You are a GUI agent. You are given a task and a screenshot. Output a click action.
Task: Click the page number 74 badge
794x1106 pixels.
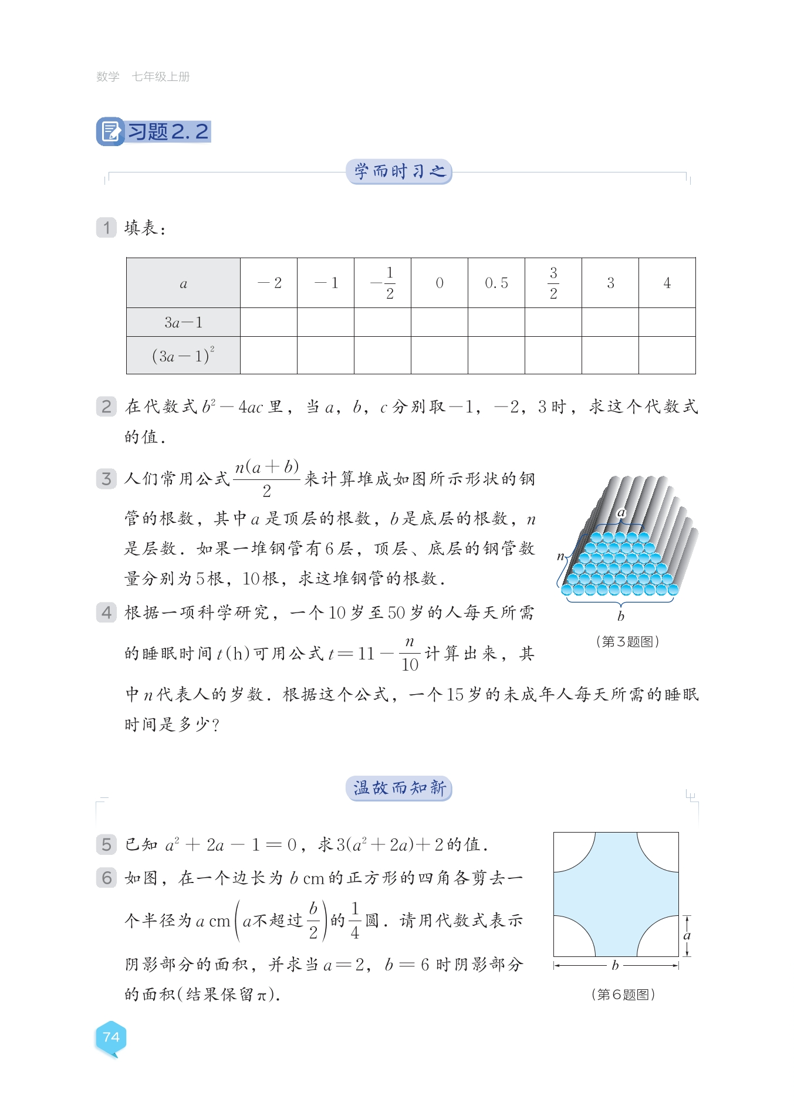(111, 1037)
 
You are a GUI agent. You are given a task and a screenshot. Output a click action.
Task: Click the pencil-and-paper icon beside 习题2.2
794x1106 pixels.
(110, 131)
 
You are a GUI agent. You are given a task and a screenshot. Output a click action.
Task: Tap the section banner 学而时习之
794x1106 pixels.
(399, 171)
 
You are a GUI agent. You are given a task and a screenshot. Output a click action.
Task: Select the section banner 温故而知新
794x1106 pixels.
(399, 788)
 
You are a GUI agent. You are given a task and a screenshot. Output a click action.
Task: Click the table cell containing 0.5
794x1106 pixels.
(496, 283)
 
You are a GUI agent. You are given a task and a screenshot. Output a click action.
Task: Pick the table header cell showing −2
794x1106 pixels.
(269, 283)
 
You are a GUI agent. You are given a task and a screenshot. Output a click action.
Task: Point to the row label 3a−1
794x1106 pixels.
(183, 322)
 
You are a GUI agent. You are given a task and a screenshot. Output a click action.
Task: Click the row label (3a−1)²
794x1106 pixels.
(183, 356)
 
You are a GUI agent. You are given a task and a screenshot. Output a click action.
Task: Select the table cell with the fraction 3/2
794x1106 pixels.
(553, 283)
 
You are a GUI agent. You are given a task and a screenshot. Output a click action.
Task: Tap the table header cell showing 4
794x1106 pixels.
(667, 283)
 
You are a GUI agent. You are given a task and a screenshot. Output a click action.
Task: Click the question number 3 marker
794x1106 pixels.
(106, 479)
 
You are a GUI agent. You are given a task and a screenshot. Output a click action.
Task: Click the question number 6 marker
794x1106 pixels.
(106, 878)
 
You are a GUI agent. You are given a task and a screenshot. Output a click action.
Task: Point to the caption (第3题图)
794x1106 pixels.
(627, 641)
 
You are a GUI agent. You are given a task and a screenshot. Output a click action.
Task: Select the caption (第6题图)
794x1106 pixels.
(623, 995)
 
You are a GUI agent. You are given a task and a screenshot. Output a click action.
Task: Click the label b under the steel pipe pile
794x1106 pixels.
(621, 616)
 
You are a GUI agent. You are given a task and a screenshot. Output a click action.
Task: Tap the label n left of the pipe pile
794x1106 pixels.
(561, 556)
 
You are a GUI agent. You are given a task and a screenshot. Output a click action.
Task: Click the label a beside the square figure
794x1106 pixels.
(687, 935)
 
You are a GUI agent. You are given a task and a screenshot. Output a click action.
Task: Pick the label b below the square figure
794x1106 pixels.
(615, 965)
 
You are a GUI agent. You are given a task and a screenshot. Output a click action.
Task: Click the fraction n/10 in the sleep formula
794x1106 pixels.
(410, 654)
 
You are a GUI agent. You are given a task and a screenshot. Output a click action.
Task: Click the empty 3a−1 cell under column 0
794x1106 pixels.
(440, 322)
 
